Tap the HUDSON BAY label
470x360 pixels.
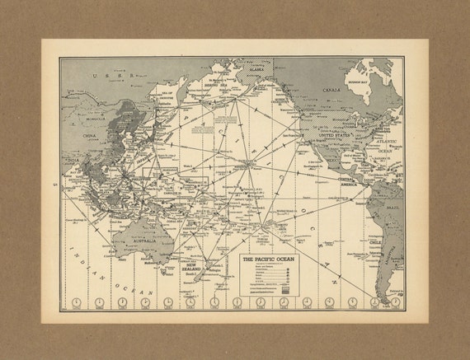pos(364,83)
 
